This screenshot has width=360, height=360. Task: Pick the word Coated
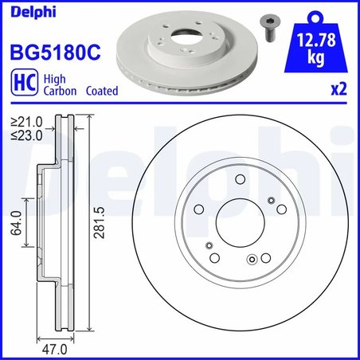coord(100,91)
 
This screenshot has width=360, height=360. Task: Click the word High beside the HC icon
coord(55,79)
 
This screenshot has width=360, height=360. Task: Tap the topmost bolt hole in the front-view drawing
coord(240,182)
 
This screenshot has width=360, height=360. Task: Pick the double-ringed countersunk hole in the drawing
coord(252,258)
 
